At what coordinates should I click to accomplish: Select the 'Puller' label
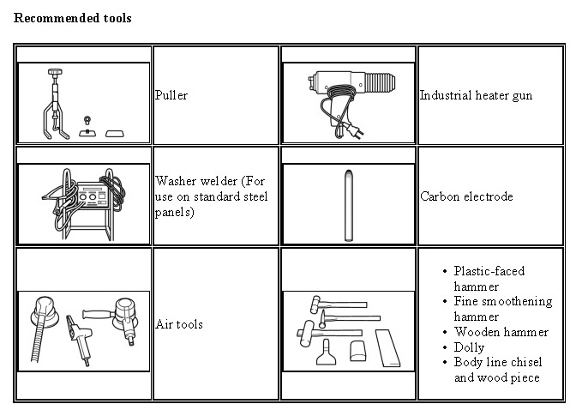coord(171,95)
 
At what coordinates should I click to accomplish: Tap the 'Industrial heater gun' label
coord(476,95)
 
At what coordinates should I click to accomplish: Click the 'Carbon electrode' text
coord(466,196)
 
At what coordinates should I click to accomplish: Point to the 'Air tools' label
coord(179,325)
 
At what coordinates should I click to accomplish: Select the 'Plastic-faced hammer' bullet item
coord(489,279)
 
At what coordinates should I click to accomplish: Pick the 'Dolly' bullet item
coord(469,347)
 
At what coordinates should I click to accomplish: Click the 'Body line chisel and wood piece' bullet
coord(497,370)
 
